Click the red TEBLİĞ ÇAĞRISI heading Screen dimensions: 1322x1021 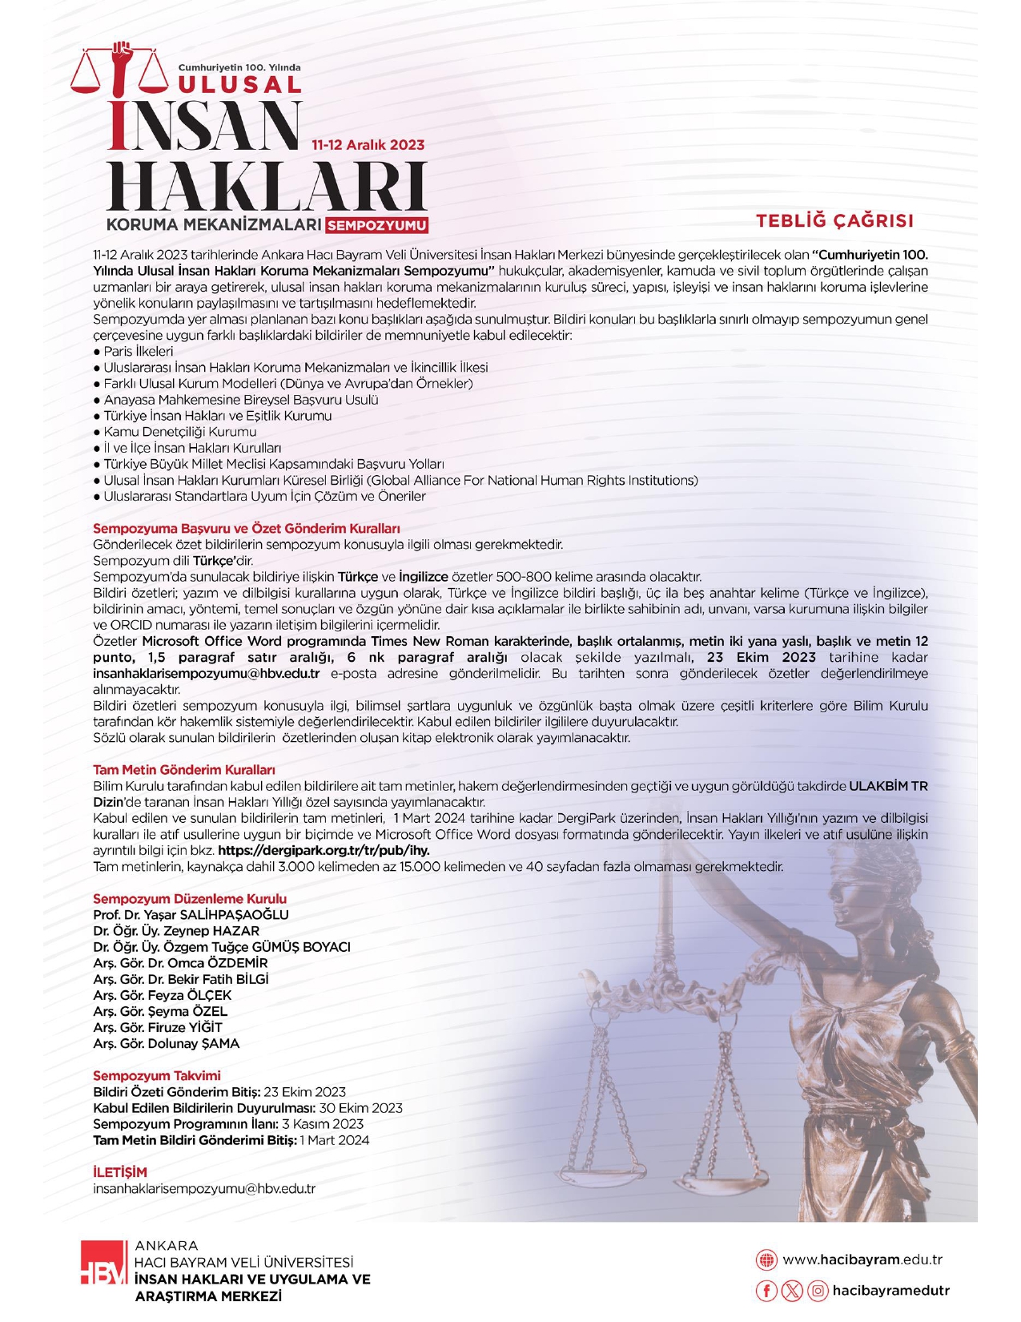835,221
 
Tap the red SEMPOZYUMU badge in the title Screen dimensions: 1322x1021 377,225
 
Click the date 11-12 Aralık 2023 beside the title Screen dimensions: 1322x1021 368,145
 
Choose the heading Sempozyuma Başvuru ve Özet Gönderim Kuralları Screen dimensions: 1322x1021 246,529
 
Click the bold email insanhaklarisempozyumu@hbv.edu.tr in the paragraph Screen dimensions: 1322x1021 206,674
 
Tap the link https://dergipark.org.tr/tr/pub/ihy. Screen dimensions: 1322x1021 324,851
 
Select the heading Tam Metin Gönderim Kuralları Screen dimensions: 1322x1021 183,770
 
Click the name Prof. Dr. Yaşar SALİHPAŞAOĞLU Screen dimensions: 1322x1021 191,915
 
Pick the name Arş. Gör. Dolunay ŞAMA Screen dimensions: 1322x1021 166,1044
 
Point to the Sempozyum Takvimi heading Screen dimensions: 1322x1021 156,1076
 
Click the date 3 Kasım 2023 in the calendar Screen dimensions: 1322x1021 322,1124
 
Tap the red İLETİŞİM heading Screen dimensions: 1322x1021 120,1172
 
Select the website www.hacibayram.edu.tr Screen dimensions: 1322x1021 862,1260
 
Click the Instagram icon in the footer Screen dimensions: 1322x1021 818,1291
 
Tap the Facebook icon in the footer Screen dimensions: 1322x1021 766,1291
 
